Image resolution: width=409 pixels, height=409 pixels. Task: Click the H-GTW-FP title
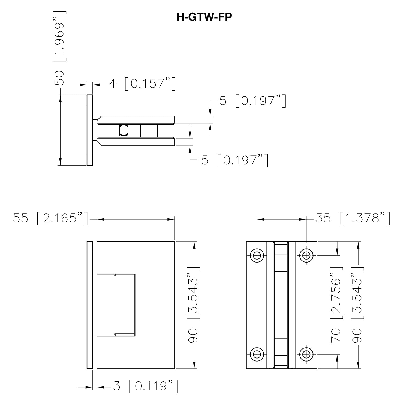[x=204, y=17]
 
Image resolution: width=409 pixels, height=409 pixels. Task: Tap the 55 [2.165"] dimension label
[x=50, y=219]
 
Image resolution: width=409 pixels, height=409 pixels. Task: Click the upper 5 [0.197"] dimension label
[x=253, y=101]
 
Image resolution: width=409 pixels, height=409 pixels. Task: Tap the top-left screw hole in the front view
[x=257, y=255]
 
